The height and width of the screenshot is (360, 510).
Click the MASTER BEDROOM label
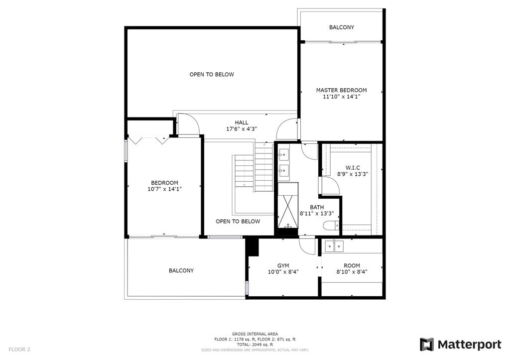[x=341, y=90]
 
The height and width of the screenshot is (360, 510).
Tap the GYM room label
[x=283, y=265]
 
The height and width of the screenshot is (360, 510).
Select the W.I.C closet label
[x=353, y=168]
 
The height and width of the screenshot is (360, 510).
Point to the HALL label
[x=242, y=122]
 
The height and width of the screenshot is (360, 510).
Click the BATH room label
[x=316, y=207]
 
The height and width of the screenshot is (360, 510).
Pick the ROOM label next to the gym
[x=352, y=265]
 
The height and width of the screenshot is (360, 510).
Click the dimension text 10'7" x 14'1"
[x=164, y=189]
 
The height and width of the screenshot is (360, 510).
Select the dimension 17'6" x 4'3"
[x=242, y=129]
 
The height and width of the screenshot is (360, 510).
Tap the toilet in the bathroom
[x=331, y=226]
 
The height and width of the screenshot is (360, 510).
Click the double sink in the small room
[x=334, y=246]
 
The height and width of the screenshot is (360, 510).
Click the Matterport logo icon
[x=426, y=345]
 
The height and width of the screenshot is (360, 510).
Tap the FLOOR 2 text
[x=19, y=350]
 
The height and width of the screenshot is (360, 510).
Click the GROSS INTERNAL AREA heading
[x=255, y=334]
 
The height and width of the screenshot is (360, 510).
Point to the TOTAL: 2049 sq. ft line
[x=255, y=345]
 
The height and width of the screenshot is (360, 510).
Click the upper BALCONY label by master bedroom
[x=342, y=27]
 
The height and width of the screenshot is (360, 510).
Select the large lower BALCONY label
[x=181, y=270]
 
